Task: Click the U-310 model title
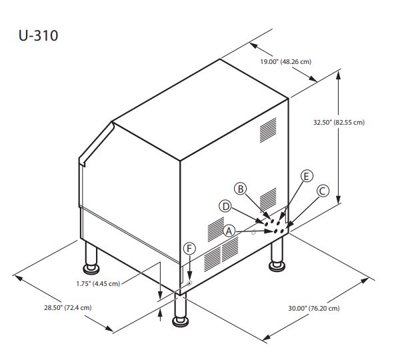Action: point(38,35)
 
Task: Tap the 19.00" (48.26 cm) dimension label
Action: point(285,61)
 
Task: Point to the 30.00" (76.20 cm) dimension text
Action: point(313,308)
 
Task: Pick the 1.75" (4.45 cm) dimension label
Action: point(98,283)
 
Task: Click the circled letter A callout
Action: point(229,231)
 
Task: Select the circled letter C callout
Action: point(322,191)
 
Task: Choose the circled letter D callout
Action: point(226,206)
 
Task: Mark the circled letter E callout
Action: point(306,176)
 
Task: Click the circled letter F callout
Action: point(189,249)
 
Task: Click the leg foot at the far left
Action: point(89,267)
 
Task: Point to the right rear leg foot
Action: point(275,265)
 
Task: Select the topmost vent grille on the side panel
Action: point(267,131)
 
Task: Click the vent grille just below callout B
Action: point(267,198)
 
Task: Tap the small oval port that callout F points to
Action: point(188,283)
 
